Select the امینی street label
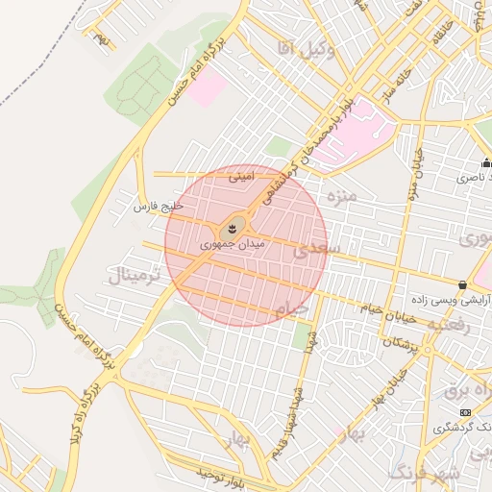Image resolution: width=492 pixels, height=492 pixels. pyautogui.click(x=241, y=177)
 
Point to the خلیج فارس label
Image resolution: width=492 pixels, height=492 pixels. pyautogui.click(x=157, y=207)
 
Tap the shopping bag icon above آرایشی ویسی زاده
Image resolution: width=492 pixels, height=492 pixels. pyautogui.click(x=463, y=284)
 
